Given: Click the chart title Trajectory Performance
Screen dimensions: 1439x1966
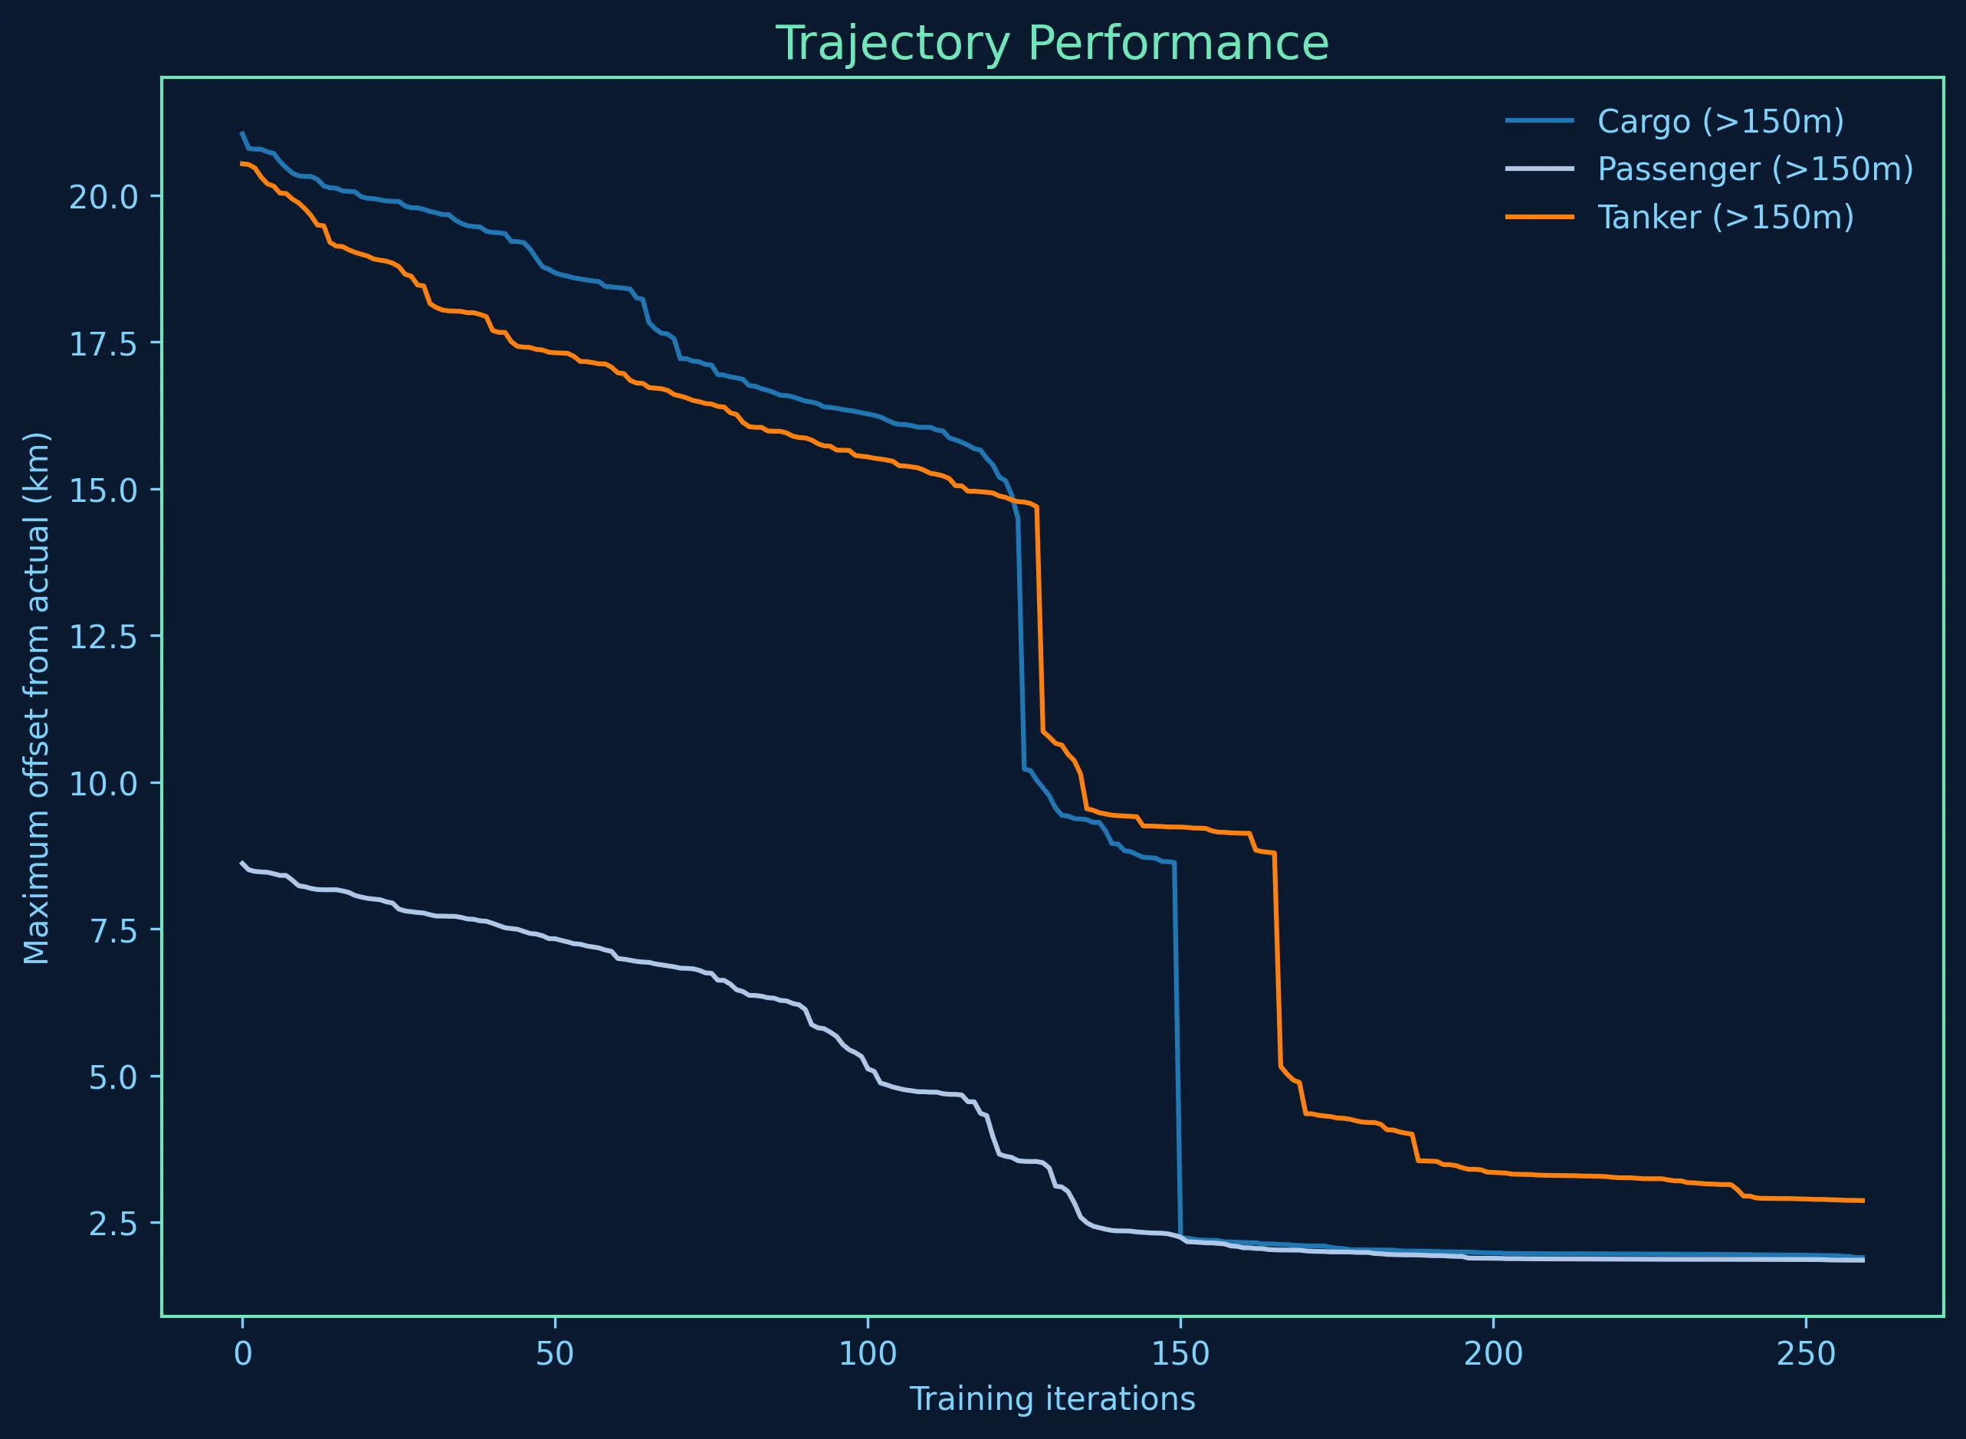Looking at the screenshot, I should (x=1052, y=44).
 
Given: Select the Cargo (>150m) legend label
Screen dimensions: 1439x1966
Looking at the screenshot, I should (x=1721, y=122).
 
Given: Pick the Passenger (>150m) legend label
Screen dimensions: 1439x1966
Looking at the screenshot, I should (x=1755, y=169).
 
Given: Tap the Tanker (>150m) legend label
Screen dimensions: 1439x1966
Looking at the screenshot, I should (x=1725, y=217).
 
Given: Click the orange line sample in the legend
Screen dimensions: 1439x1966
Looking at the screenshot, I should (x=1540, y=217).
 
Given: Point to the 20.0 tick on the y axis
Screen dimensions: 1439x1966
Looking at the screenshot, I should (x=103, y=198).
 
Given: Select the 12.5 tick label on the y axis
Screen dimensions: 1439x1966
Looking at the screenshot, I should (x=103, y=638).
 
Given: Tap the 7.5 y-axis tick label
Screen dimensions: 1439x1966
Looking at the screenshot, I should (x=113, y=931).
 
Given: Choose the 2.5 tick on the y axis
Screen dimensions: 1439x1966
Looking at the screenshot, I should (x=113, y=1224).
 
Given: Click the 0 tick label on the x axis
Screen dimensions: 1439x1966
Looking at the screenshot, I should (x=242, y=1355).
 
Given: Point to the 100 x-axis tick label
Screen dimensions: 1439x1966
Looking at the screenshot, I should (x=868, y=1355).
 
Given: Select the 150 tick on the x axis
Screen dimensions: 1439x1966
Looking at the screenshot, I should (x=1180, y=1355).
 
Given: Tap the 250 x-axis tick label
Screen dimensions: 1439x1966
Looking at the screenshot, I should (x=1806, y=1355).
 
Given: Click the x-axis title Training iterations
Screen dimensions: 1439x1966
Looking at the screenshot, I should (x=1052, y=1400).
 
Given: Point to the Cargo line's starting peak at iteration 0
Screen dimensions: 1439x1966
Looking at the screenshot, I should (x=242, y=133).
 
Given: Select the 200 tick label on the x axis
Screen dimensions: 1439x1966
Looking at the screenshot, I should (x=1493, y=1355).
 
